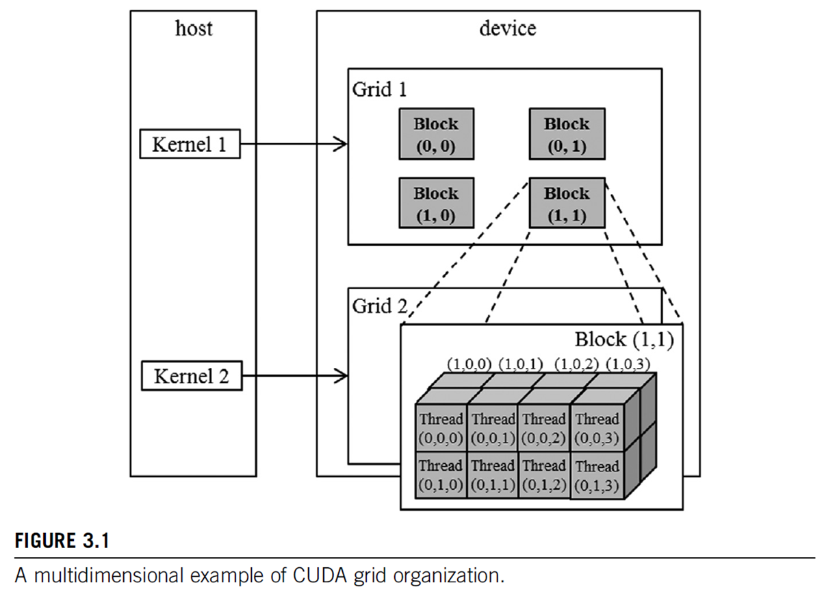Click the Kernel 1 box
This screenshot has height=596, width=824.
tap(190, 144)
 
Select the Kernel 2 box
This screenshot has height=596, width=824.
tap(192, 376)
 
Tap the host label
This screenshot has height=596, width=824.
tap(194, 28)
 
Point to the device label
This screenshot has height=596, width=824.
tap(508, 28)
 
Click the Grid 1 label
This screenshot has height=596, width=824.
tap(380, 90)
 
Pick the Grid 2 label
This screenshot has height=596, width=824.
tap(380, 306)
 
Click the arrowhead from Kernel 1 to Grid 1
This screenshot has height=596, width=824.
tap(340, 144)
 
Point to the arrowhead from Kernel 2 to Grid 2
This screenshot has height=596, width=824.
tap(341, 376)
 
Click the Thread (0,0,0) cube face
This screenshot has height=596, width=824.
tap(441, 428)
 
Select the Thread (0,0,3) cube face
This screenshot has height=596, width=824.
tap(597, 428)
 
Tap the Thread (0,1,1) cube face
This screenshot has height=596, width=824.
tap(493, 475)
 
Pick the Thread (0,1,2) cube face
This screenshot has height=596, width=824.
tap(544, 475)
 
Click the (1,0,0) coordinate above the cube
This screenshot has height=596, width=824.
tap(469, 364)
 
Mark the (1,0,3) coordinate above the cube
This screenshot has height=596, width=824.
tap(628, 364)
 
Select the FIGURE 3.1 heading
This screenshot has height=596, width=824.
tap(62, 541)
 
